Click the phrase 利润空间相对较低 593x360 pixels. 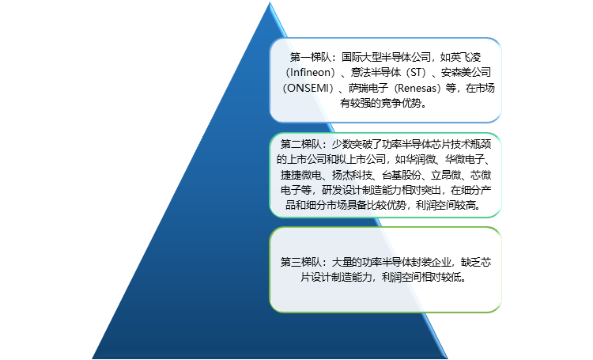click(427, 278)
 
